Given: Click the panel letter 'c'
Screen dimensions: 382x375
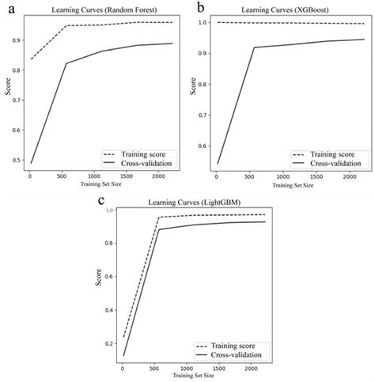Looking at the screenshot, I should point(101,202).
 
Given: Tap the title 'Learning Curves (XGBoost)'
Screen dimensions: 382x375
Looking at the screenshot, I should point(286,9).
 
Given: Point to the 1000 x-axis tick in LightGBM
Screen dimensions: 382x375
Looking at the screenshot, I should point(185,369).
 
